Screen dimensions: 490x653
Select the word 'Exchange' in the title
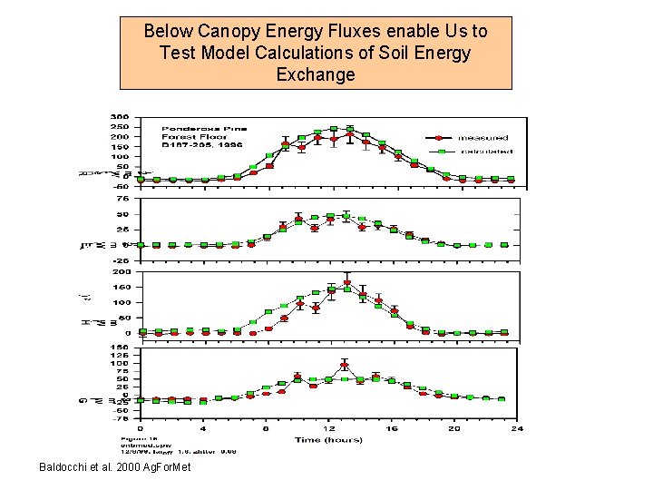pos(316,74)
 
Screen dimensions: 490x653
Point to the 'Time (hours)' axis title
pos(327,439)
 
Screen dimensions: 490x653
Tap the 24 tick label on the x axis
pos(517,426)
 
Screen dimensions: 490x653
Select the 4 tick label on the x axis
pos(203,426)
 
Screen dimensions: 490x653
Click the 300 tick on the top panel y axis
pos(119,116)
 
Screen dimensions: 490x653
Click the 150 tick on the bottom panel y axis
pos(119,347)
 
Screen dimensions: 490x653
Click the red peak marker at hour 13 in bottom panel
pos(345,366)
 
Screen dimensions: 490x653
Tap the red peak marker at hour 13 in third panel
pos(346,283)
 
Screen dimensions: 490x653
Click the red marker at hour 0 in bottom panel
pos(141,400)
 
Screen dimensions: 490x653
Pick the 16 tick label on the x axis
pos(392,426)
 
